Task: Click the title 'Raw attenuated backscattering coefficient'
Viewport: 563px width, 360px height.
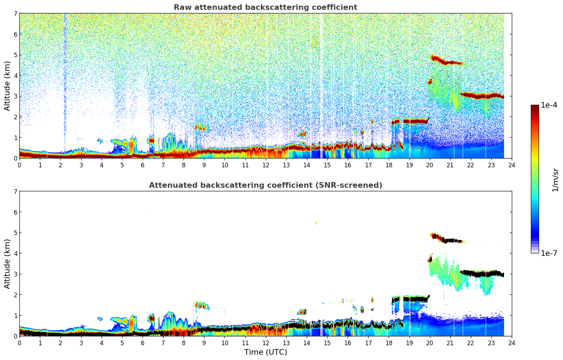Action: (x=265, y=7)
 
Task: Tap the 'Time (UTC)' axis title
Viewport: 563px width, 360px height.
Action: (x=265, y=352)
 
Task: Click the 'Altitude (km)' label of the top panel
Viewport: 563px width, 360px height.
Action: (x=7, y=86)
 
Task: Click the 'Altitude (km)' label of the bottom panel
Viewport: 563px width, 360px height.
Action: (x=7, y=264)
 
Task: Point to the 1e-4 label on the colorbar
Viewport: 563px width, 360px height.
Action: (x=549, y=105)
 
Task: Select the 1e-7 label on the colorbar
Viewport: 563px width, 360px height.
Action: (x=549, y=253)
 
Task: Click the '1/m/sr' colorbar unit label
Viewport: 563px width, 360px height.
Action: (x=555, y=180)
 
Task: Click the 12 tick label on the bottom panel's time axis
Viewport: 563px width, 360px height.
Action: (x=265, y=343)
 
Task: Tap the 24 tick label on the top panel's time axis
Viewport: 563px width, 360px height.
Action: (x=511, y=165)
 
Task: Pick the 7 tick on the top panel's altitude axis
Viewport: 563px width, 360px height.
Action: (x=15, y=14)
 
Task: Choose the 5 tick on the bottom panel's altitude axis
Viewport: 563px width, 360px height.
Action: (x=15, y=233)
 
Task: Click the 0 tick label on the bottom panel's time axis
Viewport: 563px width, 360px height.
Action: (x=19, y=343)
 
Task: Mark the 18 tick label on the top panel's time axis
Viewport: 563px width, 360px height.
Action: (x=389, y=165)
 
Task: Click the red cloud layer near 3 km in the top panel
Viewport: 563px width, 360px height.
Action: (x=482, y=96)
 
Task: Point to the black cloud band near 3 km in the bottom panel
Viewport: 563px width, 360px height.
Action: (x=482, y=274)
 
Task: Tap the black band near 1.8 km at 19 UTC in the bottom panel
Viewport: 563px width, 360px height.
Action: (x=415, y=299)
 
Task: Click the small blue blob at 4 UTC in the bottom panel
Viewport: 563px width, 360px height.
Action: (x=100, y=319)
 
